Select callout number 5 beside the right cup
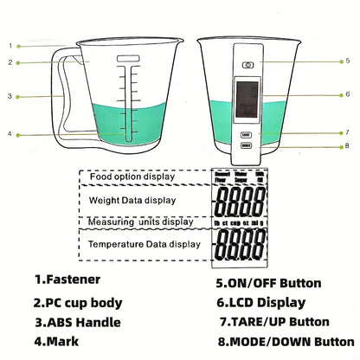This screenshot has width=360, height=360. coord(347,61)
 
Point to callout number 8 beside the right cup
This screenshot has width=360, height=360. coord(347,146)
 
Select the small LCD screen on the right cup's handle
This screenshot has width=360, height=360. coord(248,100)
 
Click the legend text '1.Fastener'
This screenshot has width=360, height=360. coord(67,280)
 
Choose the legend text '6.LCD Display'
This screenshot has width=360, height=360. coord(260,303)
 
